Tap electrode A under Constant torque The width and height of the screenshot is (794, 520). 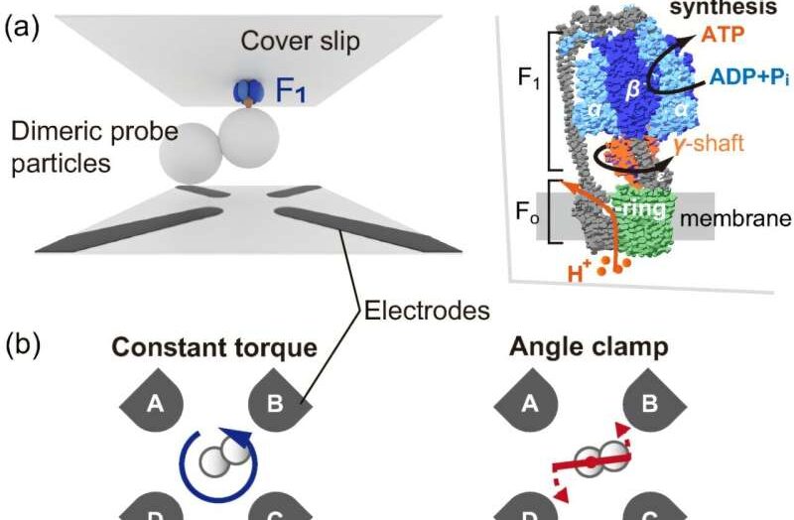tap(155, 403)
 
